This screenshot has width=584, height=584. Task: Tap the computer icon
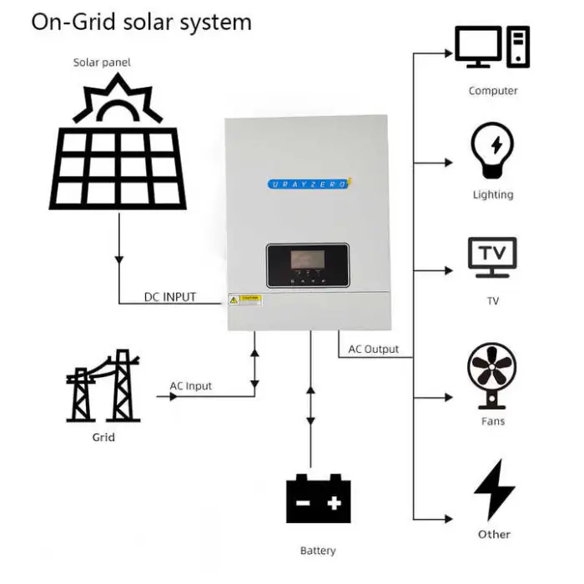click(x=492, y=48)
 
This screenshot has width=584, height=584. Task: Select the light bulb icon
click(x=492, y=150)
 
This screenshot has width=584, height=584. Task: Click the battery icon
click(x=318, y=498)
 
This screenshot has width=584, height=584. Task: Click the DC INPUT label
click(x=169, y=297)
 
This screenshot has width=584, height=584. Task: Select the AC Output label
click(x=373, y=349)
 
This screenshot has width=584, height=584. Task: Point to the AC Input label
click(x=191, y=386)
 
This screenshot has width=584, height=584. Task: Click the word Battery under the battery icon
click(x=318, y=551)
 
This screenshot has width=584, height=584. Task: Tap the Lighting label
click(x=493, y=194)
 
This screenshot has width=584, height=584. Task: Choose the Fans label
click(x=493, y=421)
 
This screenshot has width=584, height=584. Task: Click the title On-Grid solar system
click(x=141, y=22)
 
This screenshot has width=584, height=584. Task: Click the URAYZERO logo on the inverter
click(x=306, y=183)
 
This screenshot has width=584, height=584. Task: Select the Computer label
click(x=493, y=90)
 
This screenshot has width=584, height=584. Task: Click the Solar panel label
click(x=102, y=63)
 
